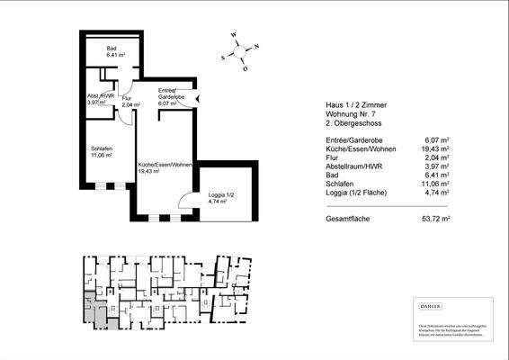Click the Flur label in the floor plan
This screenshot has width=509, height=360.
(127, 101)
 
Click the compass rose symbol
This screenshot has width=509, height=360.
(242, 51)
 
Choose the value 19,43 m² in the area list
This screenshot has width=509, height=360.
(436, 148)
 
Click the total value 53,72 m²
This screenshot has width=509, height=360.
(436, 218)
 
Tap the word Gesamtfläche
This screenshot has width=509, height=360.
(349, 218)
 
